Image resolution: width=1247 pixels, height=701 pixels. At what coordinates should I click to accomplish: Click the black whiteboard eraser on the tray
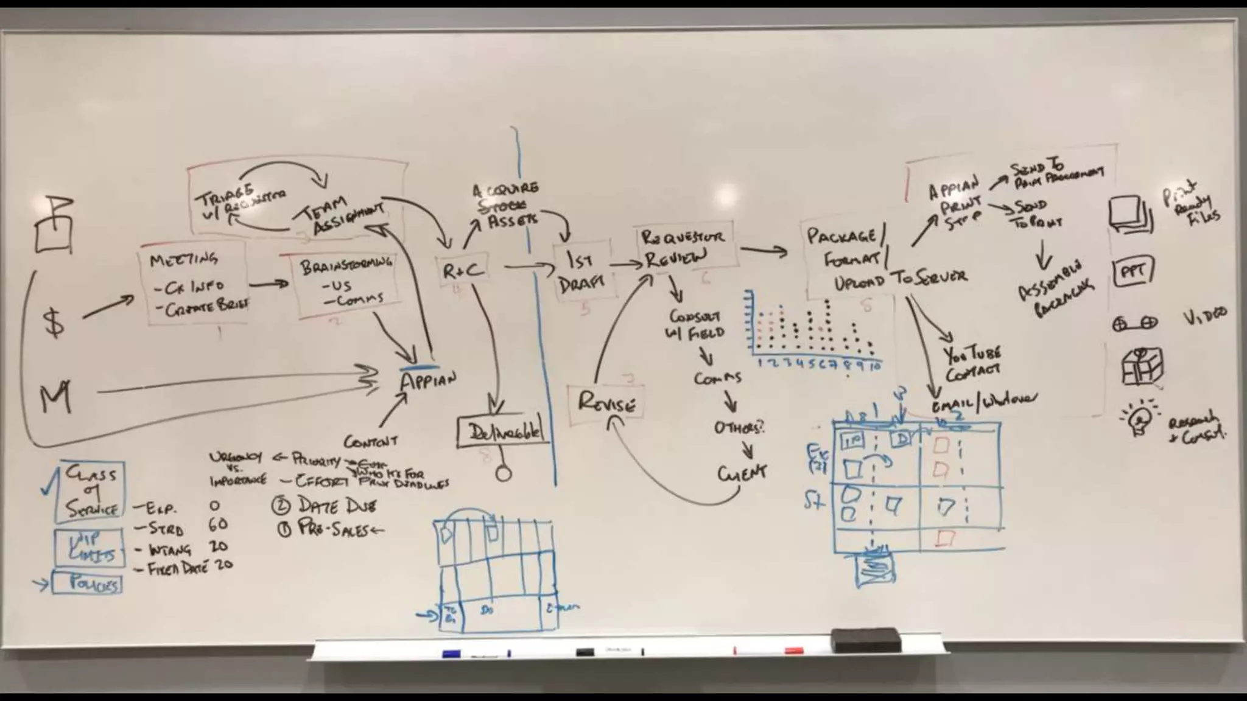pyautogui.click(x=865, y=641)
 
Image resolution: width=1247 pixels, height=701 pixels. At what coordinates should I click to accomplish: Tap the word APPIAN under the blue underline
pyautogui.click(x=427, y=382)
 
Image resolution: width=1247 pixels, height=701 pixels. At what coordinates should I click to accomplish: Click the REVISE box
pyautogui.click(x=606, y=403)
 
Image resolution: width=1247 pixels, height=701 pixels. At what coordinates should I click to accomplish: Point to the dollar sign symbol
pyautogui.click(x=54, y=322)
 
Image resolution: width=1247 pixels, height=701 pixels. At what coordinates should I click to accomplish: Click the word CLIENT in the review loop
pyautogui.click(x=742, y=473)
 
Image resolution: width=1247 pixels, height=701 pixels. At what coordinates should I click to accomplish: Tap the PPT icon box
pyautogui.click(x=1133, y=272)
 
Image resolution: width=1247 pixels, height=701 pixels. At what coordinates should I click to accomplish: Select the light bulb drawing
pyautogui.click(x=1138, y=417)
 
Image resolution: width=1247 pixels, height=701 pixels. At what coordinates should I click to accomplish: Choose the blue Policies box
pyautogui.click(x=87, y=583)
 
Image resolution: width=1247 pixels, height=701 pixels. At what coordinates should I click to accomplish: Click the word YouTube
pyautogui.click(x=972, y=354)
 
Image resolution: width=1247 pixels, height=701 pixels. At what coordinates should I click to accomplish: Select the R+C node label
pyautogui.click(x=463, y=271)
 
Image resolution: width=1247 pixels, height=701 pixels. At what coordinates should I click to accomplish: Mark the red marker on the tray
pyautogui.click(x=793, y=650)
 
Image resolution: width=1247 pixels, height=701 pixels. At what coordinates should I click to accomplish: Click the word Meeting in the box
pyautogui.click(x=183, y=260)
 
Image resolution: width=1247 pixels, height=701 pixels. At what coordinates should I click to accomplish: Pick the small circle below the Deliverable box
pyautogui.click(x=504, y=473)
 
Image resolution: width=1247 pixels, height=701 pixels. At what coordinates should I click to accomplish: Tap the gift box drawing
pyautogui.click(x=1142, y=366)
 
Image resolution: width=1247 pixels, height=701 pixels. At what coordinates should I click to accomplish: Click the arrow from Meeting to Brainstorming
pyautogui.click(x=268, y=284)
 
